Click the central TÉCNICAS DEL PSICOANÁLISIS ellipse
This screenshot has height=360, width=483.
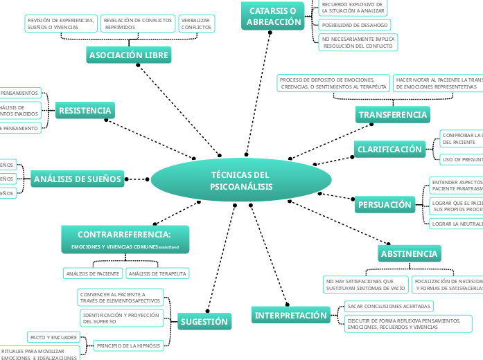point(241,181)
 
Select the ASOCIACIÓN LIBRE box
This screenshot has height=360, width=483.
point(129,55)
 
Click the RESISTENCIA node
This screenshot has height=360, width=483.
point(85,111)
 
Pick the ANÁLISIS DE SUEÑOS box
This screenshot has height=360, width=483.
point(77,179)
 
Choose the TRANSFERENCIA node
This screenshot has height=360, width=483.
point(393,114)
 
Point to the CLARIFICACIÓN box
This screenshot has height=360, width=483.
point(389,149)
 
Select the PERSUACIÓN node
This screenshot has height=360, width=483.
point(385,205)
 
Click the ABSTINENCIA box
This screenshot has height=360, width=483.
point(409,254)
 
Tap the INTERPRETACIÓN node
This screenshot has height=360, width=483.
point(290,316)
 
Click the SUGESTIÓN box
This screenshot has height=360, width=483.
point(204,321)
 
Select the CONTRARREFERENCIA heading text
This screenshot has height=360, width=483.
point(124,234)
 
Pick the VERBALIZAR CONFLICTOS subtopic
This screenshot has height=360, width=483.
point(196,24)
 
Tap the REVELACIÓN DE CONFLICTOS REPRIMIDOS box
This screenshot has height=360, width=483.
point(137,24)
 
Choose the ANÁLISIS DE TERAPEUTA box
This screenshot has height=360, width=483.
point(157,273)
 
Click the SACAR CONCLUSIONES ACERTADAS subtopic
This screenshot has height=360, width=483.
point(389,305)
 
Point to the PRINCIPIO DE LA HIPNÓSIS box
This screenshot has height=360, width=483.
point(129,345)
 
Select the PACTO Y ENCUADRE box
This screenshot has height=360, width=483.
point(53,336)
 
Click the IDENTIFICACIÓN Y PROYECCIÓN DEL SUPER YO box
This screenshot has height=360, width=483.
point(121,318)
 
